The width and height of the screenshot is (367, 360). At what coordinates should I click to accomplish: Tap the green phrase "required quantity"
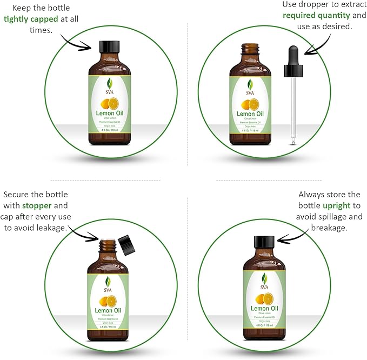(x=313, y=15)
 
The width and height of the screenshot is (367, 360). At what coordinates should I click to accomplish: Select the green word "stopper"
(x=37, y=206)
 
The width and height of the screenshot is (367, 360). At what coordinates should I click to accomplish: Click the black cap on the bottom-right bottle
(x=264, y=243)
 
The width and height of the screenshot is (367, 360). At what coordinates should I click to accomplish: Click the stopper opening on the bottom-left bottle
(x=108, y=241)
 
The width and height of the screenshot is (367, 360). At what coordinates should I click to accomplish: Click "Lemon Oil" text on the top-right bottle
(x=250, y=114)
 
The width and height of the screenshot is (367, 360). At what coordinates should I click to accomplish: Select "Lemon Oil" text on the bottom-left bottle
(x=108, y=310)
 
